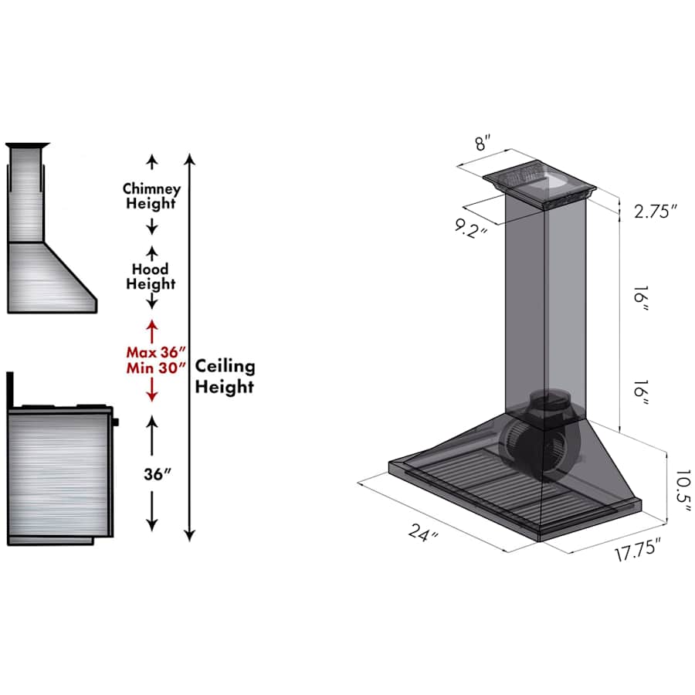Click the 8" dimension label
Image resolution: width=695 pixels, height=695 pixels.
483,143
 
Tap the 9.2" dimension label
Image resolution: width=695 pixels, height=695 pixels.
471,229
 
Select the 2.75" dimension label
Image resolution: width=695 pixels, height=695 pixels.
656,212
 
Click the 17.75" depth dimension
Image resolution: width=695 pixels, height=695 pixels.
639,549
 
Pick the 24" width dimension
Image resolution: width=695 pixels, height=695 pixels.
423,532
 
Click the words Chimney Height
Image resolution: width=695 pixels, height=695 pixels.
151,196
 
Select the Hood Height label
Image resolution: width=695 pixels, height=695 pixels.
151,276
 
